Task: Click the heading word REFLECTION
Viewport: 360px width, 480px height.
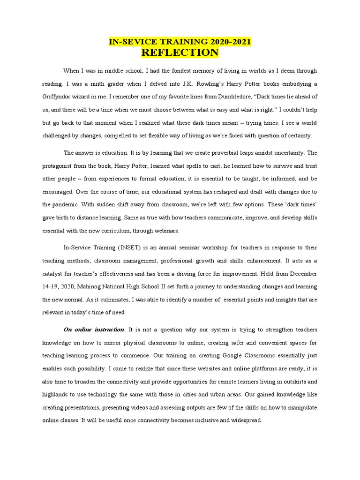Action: point(180,52)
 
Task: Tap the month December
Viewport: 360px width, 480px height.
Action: point(301,273)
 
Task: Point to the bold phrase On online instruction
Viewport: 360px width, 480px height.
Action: point(94,330)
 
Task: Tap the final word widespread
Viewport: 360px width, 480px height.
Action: point(244,420)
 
